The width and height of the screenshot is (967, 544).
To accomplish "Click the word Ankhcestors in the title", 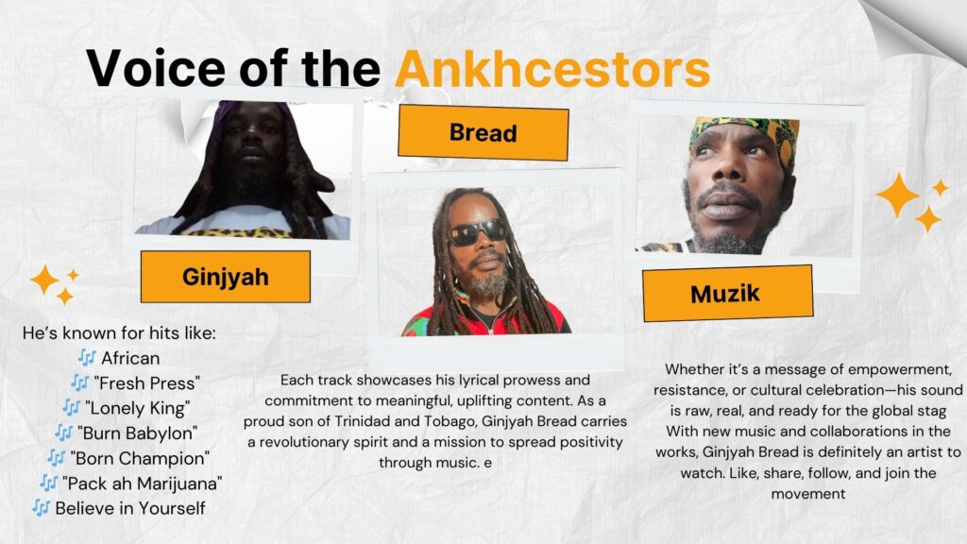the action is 552,68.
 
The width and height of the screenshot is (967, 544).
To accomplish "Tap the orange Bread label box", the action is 483,132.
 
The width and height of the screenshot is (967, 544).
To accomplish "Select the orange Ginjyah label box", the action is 225,277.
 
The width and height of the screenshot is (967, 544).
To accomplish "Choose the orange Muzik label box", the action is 727,294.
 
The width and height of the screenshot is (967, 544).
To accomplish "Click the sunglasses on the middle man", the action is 478,232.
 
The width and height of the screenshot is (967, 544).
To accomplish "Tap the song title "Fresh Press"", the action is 146,383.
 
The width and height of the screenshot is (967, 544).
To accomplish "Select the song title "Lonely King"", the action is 138,408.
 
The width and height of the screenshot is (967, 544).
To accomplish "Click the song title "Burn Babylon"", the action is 138,433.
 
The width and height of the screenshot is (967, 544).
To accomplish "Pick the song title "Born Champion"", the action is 140,458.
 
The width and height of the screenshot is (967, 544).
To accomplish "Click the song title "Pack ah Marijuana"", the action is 143,484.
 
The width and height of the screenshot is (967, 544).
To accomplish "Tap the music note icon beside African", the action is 87,358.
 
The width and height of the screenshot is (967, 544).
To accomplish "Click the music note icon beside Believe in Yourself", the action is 41,508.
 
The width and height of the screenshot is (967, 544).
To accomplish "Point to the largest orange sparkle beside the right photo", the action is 898,195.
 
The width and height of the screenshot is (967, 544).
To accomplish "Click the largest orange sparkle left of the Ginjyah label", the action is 44,280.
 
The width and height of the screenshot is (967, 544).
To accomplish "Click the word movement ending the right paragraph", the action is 808,494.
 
